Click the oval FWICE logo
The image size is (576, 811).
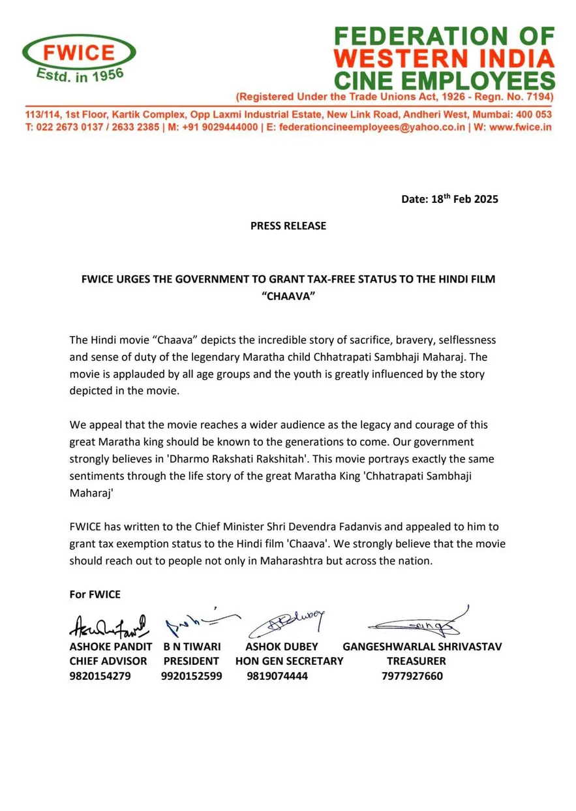tap(80, 57)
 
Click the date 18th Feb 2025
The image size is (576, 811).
tap(449, 199)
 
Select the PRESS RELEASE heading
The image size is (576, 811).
tap(288, 226)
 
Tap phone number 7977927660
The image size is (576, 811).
tap(412, 676)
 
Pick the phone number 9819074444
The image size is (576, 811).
tap(277, 676)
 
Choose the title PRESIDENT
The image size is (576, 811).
tap(191, 661)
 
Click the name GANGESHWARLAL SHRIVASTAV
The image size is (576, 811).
tap(422, 647)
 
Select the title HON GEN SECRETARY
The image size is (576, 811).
tap(289, 661)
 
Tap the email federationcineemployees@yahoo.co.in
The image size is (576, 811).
tap(372, 127)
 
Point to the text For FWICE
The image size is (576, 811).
tap(95, 594)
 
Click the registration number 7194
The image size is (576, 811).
tap(539, 97)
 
